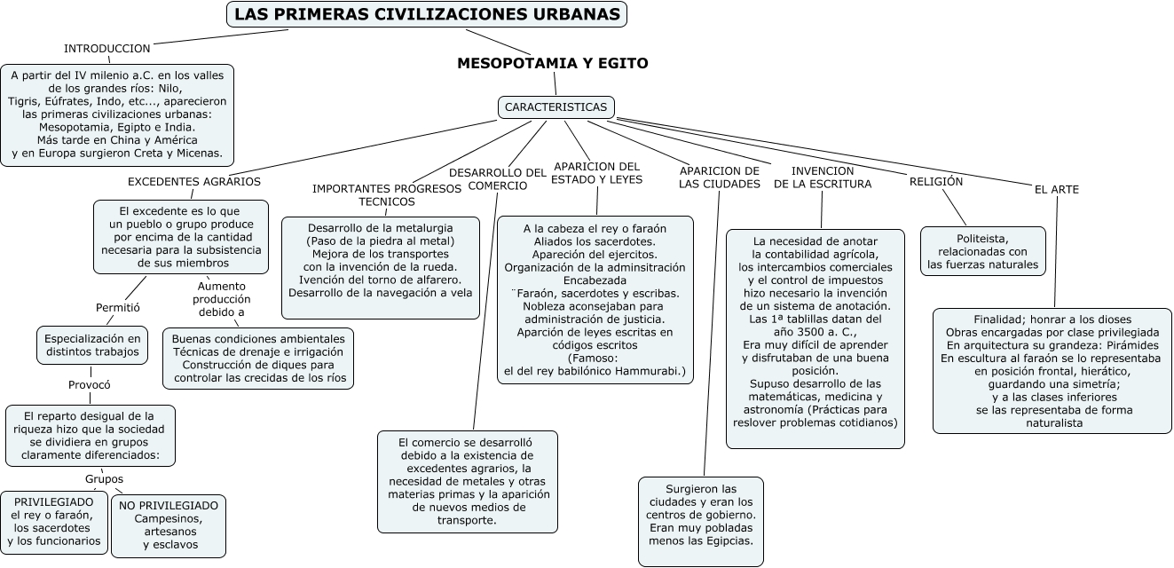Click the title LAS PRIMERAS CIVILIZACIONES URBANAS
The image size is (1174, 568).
pos(427,15)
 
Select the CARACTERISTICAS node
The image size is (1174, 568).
pos(555,107)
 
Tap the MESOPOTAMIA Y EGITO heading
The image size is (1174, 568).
pos(552,63)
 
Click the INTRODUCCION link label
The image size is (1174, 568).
pos(107,48)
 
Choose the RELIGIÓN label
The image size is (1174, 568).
pos(935,181)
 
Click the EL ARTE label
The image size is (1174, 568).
pos(1057,190)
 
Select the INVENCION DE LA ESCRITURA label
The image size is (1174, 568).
pos(823,177)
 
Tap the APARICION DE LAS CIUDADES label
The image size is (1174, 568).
pos(720,177)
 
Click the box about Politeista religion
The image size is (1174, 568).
pos(982,251)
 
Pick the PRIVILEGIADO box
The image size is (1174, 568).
pos(54,521)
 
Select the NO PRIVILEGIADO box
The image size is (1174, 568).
pos(169,525)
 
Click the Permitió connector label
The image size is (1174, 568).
pos(118,308)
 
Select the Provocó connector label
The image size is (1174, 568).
pos(90,385)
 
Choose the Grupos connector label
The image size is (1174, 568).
pos(104,478)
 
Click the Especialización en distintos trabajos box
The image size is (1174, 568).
pos(92,345)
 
